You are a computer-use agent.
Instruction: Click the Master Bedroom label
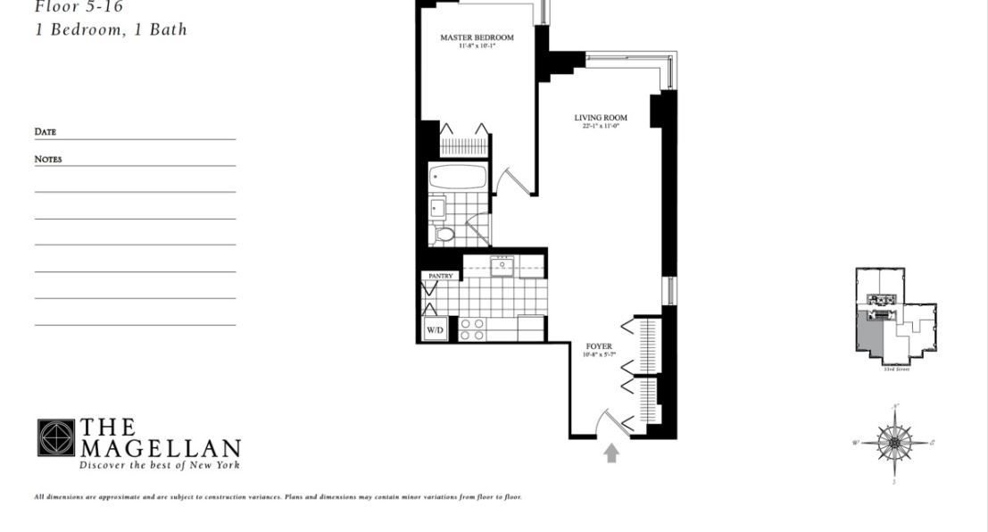point(477,37)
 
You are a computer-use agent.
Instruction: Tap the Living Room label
point(600,117)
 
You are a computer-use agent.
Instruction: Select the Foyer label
point(599,345)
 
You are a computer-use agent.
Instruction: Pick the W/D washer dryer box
point(435,330)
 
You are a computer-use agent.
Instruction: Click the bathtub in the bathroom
point(457,176)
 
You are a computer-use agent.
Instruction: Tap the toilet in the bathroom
point(444,235)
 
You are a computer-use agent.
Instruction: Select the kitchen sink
point(503,265)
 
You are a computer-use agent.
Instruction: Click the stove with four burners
point(472,328)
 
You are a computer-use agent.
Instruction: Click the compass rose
point(893,442)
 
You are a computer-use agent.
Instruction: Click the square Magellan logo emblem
point(55,437)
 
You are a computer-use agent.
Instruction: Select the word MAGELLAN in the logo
point(161,448)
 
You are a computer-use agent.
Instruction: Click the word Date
point(46,132)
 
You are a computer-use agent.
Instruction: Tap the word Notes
point(48,159)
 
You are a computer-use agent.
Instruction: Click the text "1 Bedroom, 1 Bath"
point(111,29)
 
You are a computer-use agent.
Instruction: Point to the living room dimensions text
point(600,127)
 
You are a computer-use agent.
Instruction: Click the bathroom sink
point(436,207)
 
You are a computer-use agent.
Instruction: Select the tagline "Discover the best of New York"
point(160,465)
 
